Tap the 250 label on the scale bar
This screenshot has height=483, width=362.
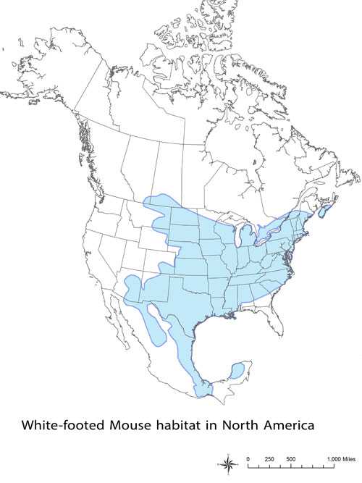[269, 459]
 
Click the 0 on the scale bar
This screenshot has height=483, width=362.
[248, 459]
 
